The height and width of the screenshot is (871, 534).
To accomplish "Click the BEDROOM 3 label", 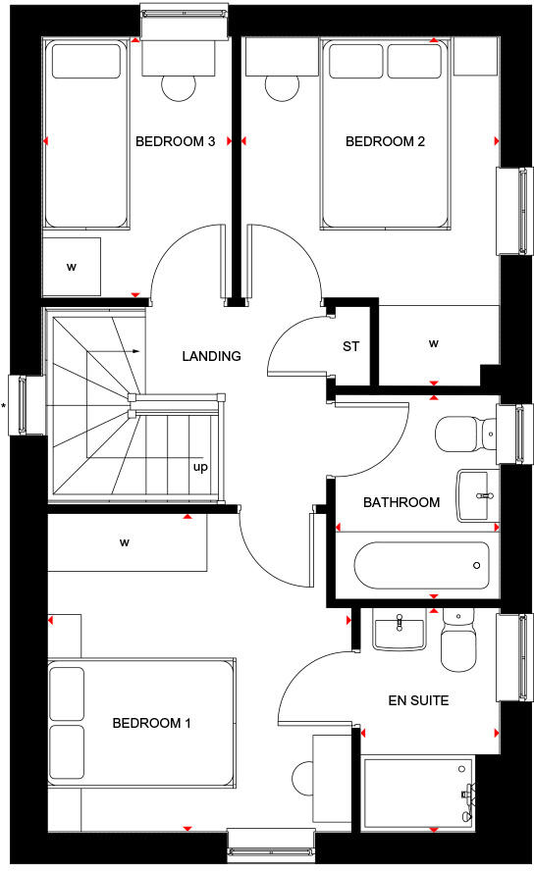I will click(x=176, y=142).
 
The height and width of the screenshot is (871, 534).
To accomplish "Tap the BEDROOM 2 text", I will click(x=385, y=142).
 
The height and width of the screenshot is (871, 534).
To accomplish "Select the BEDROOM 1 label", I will click(x=151, y=723).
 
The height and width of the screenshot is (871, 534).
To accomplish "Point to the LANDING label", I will click(x=211, y=356).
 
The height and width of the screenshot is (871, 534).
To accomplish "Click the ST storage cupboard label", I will click(x=350, y=346).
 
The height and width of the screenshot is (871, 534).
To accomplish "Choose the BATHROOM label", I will click(x=400, y=502).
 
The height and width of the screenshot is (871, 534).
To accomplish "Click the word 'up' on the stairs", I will click(x=200, y=467).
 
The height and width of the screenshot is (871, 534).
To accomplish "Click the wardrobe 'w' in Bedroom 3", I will click(x=72, y=266).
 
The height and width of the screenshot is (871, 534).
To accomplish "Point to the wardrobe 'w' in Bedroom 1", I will click(x=126, y=541).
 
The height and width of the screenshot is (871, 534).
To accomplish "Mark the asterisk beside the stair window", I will click(x=5, y=405).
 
